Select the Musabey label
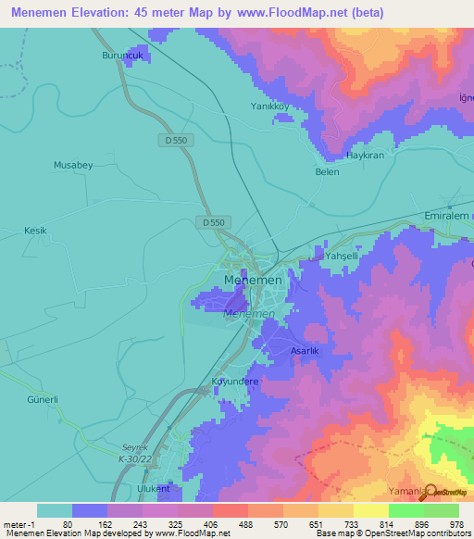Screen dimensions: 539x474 (x=73, y=165)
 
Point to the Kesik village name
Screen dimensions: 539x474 (x=34, y=230)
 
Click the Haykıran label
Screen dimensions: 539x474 (x=364, y=156)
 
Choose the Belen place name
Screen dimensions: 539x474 (x=327, y=172)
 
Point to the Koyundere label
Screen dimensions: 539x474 (x=235, y=382)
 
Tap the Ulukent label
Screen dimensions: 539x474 (x=153, y=488)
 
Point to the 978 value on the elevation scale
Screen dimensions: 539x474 (x=458, y=524)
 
